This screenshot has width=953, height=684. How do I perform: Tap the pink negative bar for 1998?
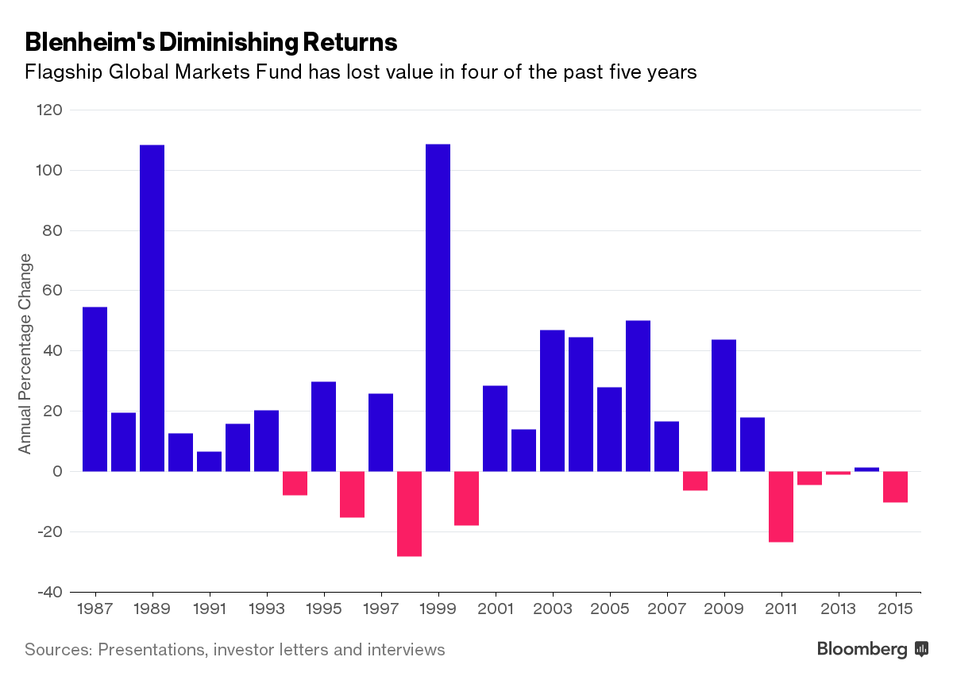[x=409, y=513]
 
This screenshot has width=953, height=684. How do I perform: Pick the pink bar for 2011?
[x=781, y=506]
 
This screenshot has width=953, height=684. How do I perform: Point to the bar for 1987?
[x=95, y=388]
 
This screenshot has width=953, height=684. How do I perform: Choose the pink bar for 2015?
[x=895, y=486]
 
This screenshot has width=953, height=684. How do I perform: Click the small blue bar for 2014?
[x=866, y=470]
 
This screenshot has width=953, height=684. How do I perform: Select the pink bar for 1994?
[x=295, y=483]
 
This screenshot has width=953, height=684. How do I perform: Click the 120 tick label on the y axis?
[x=48, y=110]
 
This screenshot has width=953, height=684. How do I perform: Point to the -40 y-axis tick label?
[x=48, y=592]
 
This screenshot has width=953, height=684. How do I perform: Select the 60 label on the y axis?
[x=52, y=291]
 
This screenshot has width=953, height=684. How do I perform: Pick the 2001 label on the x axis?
[x=495, y=609]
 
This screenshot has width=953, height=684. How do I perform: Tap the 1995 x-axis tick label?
[x=323, y=609]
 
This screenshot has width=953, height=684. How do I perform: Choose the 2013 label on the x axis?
[x=838, y=609]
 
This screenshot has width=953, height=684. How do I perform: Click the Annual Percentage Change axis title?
[x=25, y=354]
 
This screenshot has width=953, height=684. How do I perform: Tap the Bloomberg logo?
[x=872, y=649]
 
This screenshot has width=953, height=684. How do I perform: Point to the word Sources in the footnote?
[x=56, y=650]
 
